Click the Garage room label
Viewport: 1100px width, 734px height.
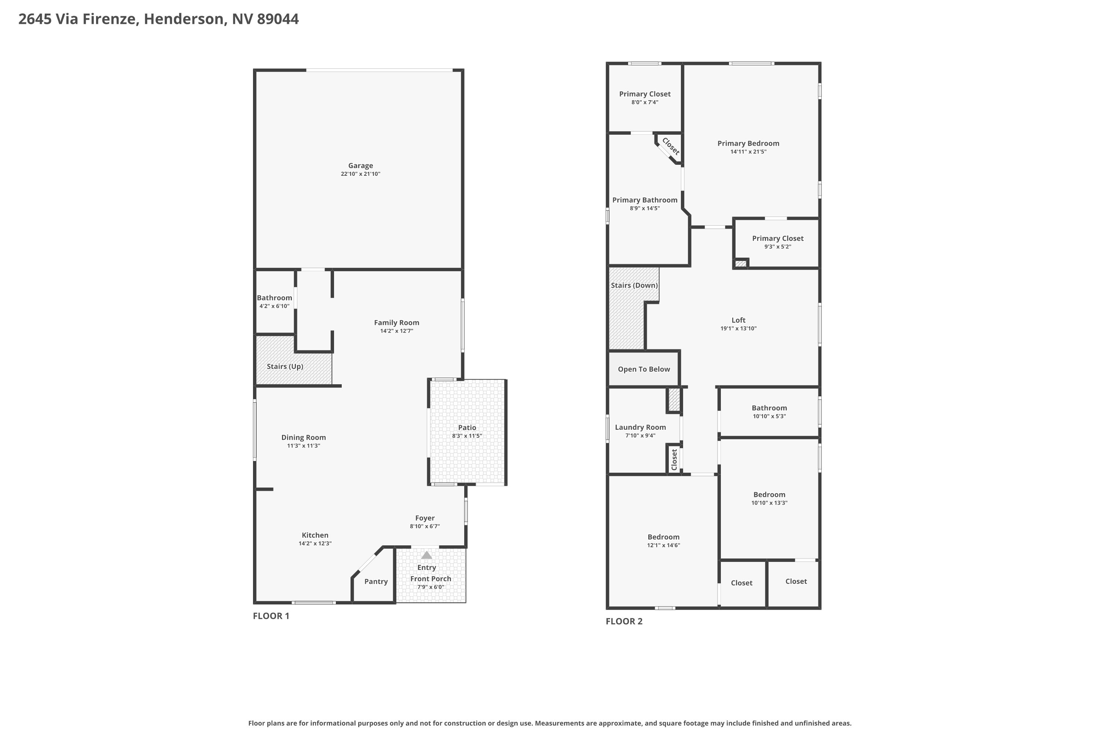pos(360,166)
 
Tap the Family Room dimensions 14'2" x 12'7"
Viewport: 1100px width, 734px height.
pos(397,331)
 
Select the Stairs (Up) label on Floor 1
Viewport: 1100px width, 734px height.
pos(285,367)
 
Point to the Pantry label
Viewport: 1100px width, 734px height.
pos(376,581)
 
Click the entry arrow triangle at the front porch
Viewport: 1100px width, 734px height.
pos(426,555)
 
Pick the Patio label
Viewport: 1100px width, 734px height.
pos(467,428)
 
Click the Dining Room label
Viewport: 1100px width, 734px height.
pos(304,438)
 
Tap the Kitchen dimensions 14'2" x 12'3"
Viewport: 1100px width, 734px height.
pos(315,544)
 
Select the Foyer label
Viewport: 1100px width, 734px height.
pos(425,518)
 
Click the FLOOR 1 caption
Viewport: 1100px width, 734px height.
pos(271,616)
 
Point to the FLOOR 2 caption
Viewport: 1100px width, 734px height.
pos(624,621)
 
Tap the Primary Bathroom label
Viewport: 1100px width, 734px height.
pos(645,200)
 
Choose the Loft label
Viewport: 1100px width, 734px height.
pos(738,320)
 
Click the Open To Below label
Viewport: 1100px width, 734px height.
pos(644,369)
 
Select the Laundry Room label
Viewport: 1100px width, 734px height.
pos(640,428)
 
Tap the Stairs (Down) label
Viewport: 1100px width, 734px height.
pos(634,286)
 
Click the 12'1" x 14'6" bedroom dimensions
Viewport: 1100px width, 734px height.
pos(664,545)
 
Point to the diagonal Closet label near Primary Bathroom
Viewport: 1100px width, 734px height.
pos(671,146)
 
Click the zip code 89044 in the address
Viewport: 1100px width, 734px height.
pos(278,19)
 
